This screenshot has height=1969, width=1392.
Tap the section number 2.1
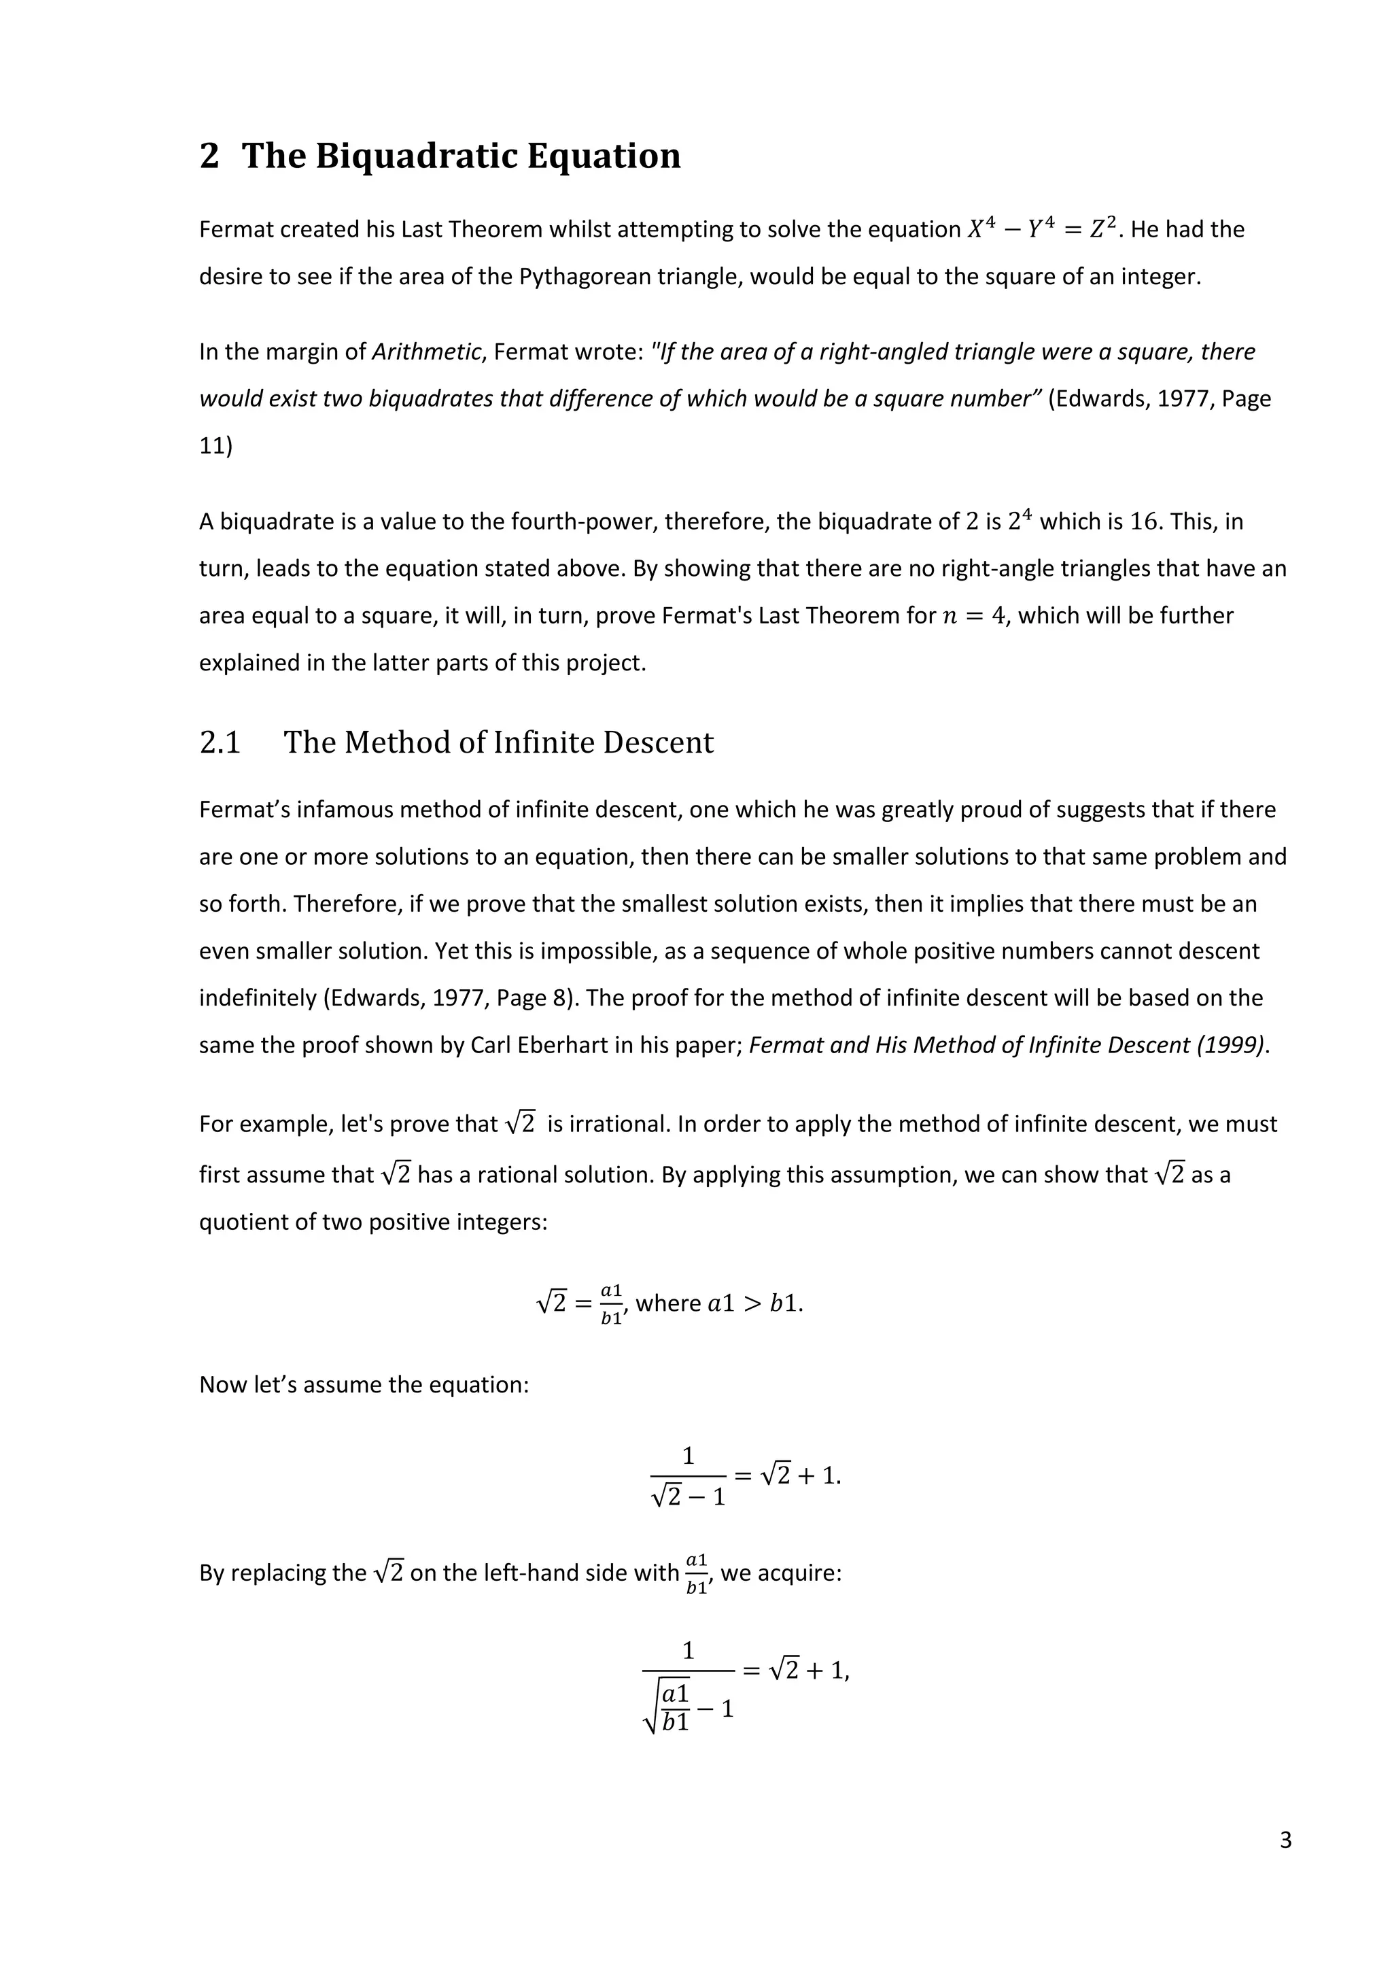(220, 742)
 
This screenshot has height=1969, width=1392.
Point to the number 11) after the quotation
(215, 447)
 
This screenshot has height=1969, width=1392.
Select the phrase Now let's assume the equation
(364, 1385)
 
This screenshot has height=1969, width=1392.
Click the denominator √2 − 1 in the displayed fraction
(689, 1497)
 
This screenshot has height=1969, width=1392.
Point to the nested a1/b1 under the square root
(676, 1707)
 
